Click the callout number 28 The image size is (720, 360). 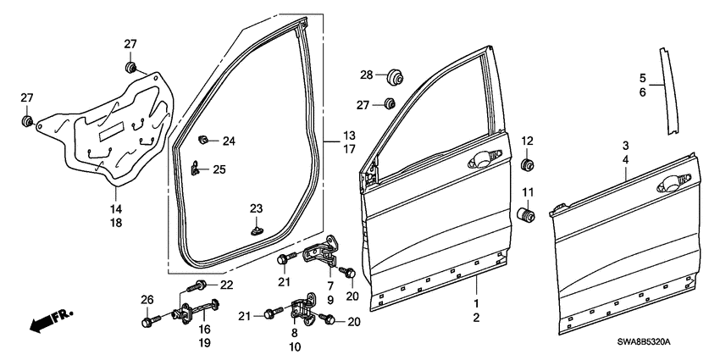(x=366, y=76)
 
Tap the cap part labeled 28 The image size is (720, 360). (x=392, y=78)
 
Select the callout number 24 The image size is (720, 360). (x=229, y=141)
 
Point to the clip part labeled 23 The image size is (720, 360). (x=257, y=226)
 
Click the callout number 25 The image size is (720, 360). (x=219, y=170)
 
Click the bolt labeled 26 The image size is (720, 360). (x=149, y=322)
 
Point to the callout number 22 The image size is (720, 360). (x=226, y=284)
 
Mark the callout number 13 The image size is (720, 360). (x=349, y=136)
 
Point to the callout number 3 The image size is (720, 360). (x=626, y=146)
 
